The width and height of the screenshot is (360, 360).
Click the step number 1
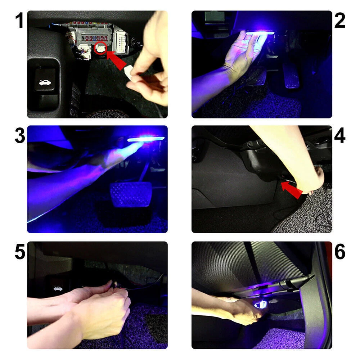pos(19,21)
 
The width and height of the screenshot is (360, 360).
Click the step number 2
pos(340,21)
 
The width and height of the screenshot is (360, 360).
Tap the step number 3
pos(20,136)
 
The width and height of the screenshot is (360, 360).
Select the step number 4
pos(340,136)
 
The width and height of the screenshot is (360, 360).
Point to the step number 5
pos(20,252)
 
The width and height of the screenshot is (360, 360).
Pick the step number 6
pos(340,252)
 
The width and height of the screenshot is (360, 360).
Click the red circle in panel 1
pos(100,48)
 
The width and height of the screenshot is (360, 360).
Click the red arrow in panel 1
pos(116,60)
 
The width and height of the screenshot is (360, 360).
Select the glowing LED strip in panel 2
pos(260,33)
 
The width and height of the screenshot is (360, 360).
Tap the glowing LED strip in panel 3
pos(146,139)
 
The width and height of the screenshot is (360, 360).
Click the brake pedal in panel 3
pos(131,194)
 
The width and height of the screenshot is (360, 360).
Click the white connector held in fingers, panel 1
pos(129,72)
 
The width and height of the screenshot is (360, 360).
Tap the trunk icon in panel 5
pos(58,289)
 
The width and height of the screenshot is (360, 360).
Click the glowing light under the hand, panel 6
pos(260,305)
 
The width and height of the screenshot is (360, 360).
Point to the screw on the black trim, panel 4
pos(250,144)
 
